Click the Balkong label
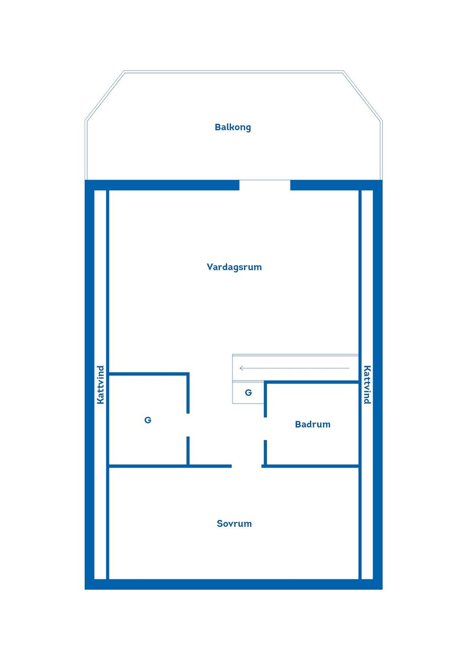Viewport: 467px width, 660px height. click(x=233, y=127)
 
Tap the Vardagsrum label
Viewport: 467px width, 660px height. click(x=234, y=267)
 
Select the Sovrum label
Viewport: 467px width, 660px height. click(x=234, y=523)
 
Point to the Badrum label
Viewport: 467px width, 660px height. click(x=312, y=424)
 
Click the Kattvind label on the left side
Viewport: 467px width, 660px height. click(x=101, y=385)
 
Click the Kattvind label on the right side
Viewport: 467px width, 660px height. click(x=367, y=384)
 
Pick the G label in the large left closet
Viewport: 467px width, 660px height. click(x=148, y=420)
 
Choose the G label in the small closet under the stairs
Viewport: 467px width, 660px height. click(x=248, y=393)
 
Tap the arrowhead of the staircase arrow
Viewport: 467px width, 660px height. click(x=241, y=368)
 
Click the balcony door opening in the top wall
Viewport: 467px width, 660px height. click(x=265, y=185)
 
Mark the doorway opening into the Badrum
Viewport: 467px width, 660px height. click(x=265, y=429)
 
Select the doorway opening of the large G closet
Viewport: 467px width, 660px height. click(x=188, y=425)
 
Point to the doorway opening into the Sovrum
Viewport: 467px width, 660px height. click(x=247, y=466)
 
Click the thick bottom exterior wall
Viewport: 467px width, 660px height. click(x=233, y=584)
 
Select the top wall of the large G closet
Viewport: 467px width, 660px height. click(x=149, y=374)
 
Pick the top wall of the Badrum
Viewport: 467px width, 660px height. click(x=311, y=382)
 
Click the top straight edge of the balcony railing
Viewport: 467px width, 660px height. click(x=233, y=71)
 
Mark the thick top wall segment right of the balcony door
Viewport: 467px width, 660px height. click(x=337, y=185)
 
